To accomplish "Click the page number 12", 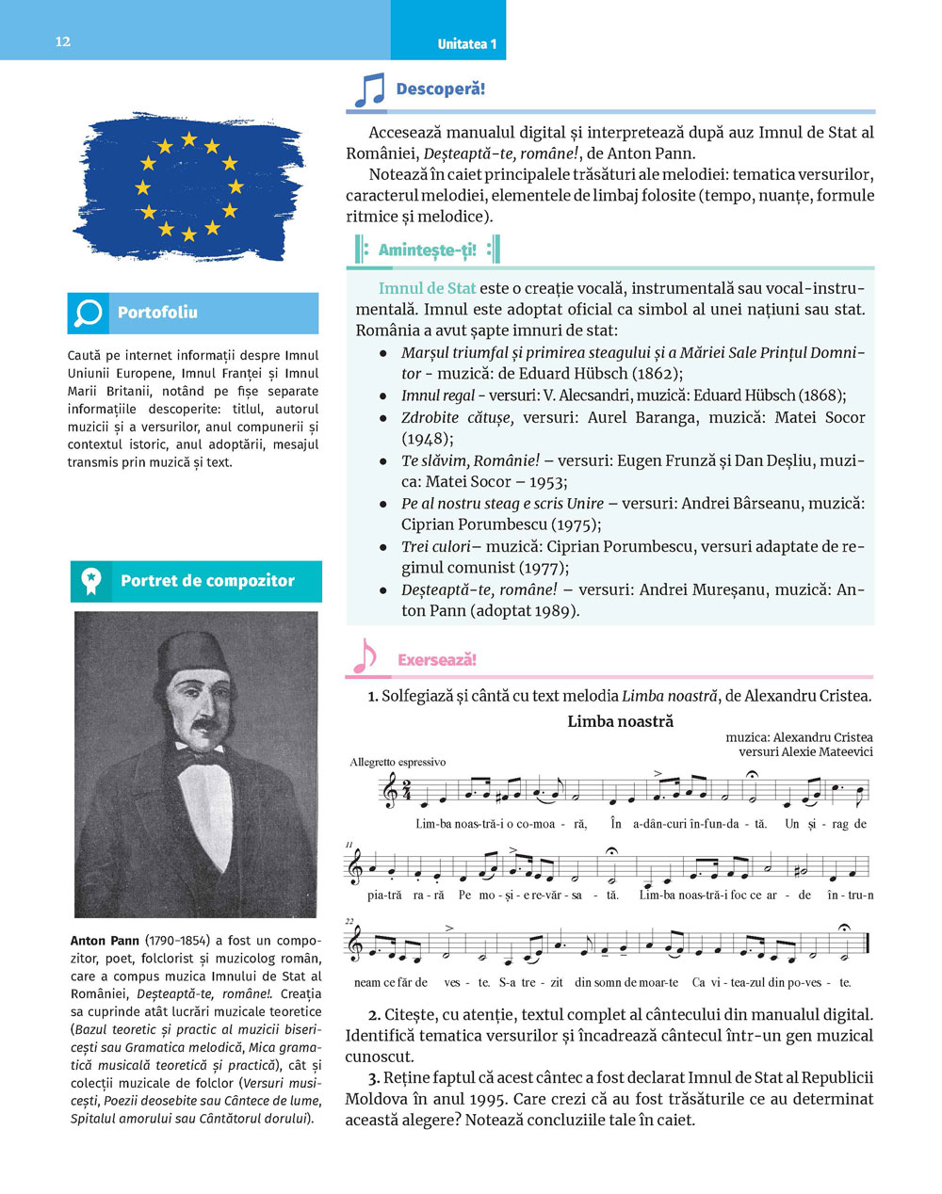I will pos(63,41).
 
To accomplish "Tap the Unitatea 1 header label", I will pos(466,44).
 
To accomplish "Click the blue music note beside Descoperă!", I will pos(369,90).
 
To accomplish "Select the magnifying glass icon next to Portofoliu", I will pos(89,313).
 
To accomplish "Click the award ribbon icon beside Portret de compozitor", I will pos(91,581).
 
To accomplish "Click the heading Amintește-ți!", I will pos(428,250).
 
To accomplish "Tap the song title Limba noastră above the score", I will pos(620,721).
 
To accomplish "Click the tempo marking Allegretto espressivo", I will pos(398,762).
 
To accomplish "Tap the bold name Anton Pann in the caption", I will pos(105,941).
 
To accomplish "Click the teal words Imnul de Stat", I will pos(427,288).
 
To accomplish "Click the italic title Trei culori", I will pos(435,546).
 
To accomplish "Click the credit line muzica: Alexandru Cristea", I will pos(799,737).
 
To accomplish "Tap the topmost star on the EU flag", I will pos(188,139).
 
